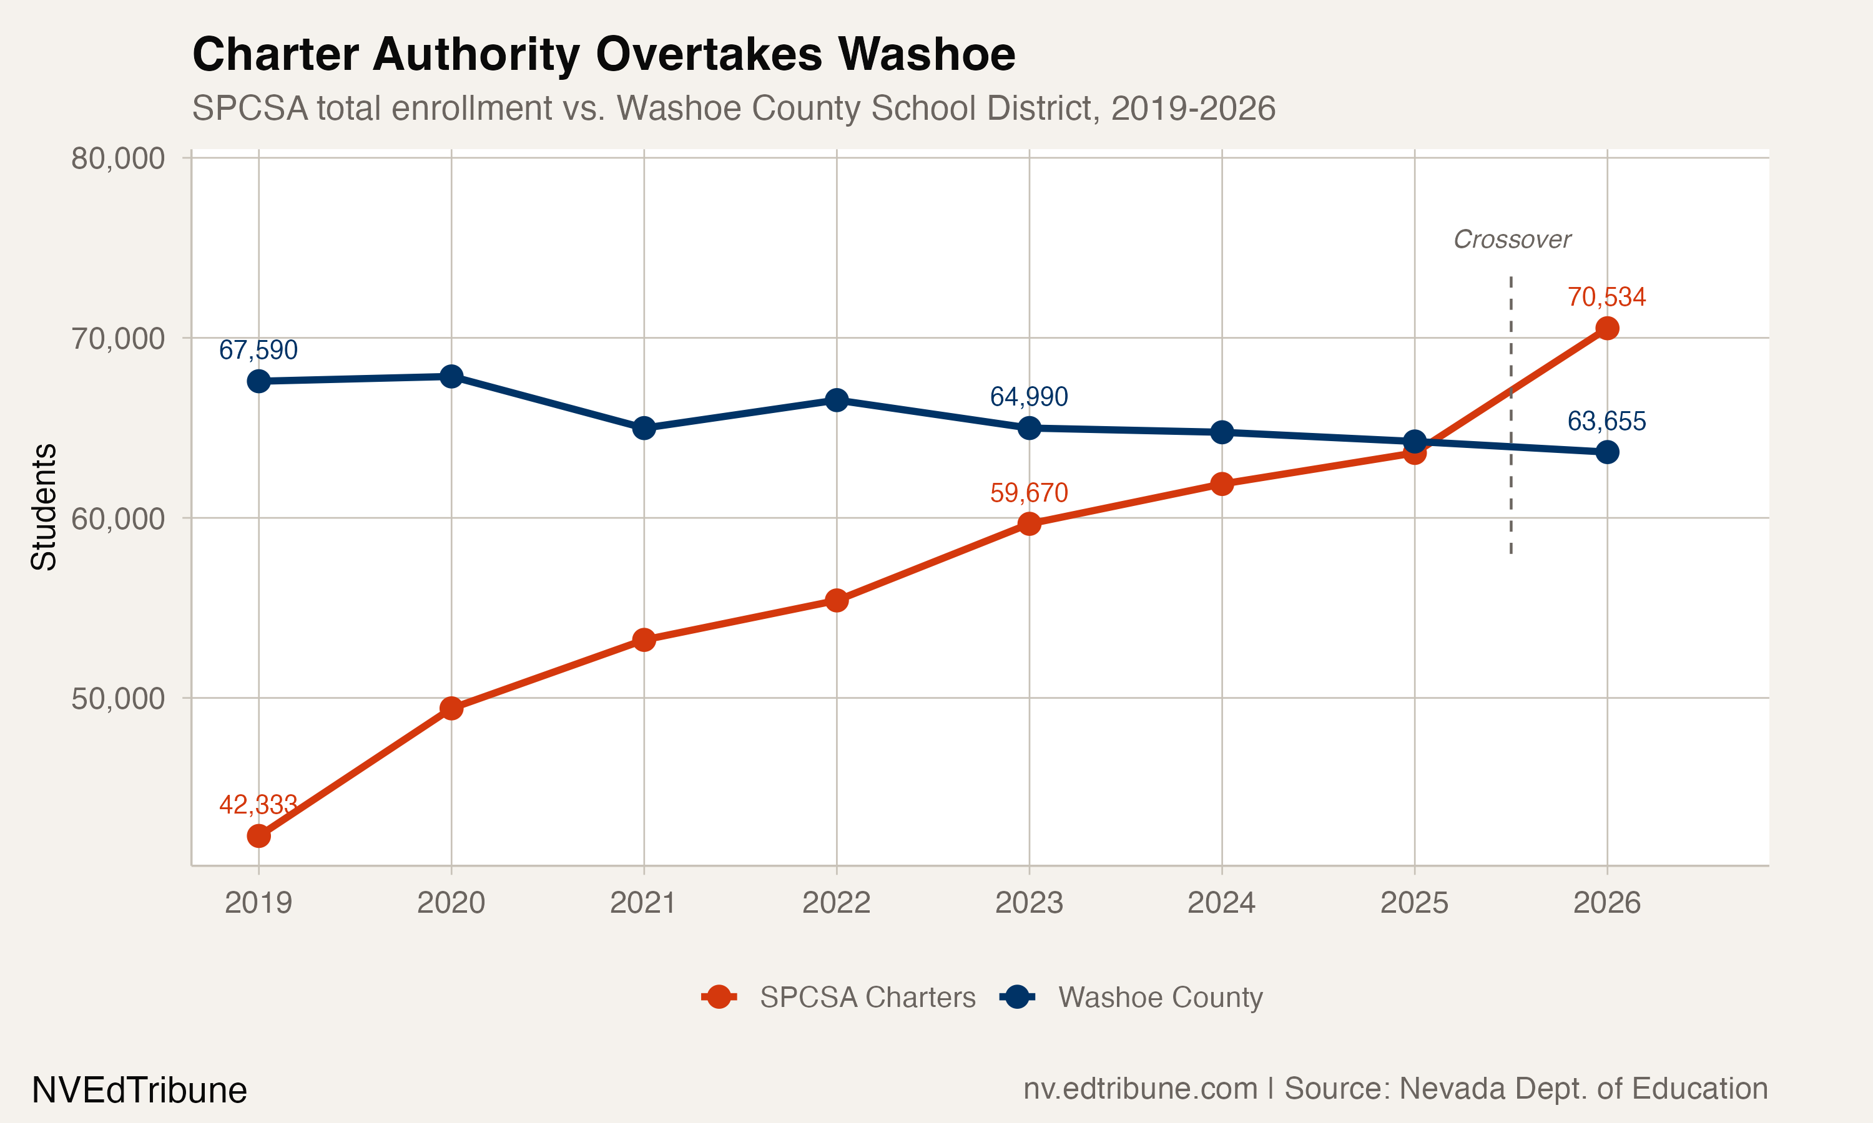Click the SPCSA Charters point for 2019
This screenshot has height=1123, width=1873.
(258, 836)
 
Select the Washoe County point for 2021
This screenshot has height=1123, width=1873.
(644, 429)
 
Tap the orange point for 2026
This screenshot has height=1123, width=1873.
(1606, 328)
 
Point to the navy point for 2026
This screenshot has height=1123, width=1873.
(1606, 452)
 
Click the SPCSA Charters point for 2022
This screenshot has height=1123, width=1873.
(836, 601)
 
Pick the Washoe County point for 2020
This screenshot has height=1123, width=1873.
(451, 376)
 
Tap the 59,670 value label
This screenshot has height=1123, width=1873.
(1028, 493)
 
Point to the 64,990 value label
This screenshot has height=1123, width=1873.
(1028, 397)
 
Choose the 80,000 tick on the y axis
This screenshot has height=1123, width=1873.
(118, 159)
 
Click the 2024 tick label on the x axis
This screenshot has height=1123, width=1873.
(1221, 903)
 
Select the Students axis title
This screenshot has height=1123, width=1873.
(44, 507)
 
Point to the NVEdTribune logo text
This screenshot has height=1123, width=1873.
(139, 1091)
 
